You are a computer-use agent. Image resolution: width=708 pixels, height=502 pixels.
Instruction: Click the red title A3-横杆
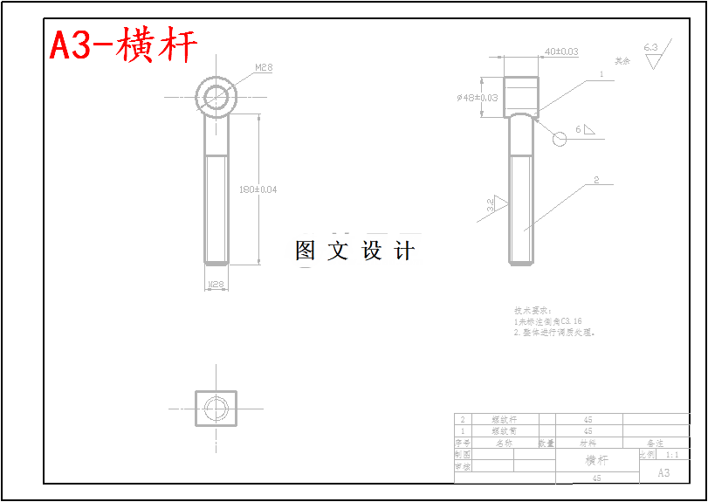tap(123, 45)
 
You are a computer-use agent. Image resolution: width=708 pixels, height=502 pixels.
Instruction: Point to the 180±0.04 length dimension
tap(258, 189)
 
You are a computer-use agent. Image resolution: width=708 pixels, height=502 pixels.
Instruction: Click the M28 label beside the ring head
tap(264, 67)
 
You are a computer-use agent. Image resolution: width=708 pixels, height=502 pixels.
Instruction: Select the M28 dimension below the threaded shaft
tap(216, 285)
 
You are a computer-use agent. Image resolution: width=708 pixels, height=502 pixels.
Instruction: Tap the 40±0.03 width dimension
tap(561, 52)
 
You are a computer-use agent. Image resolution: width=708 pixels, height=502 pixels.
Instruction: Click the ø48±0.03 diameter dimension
tap(477, 98)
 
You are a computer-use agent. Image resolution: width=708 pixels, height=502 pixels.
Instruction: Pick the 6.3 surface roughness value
tap(650, 47)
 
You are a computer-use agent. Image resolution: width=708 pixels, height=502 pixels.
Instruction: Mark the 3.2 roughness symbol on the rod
tap(491, 205)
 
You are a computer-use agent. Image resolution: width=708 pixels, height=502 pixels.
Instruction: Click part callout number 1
tap(601, 75)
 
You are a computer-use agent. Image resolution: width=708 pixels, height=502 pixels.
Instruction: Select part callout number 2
tap(596, 180)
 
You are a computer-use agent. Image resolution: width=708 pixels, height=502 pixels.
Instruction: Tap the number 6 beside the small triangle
tap(578, 129)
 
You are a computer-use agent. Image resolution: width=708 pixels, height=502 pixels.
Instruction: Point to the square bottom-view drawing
tap(216, 408)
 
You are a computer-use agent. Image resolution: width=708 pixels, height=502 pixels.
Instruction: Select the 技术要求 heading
tap(533, 310)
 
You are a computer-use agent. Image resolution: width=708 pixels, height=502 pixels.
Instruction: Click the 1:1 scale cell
tap(672, 455)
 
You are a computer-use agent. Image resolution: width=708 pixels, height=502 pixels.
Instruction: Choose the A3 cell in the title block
tap(663, 472)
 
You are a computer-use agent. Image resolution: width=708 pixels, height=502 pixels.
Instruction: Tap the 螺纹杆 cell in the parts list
tap(505, 420)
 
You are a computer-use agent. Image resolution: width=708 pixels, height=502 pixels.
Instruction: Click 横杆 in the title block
tap(596, 460)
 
